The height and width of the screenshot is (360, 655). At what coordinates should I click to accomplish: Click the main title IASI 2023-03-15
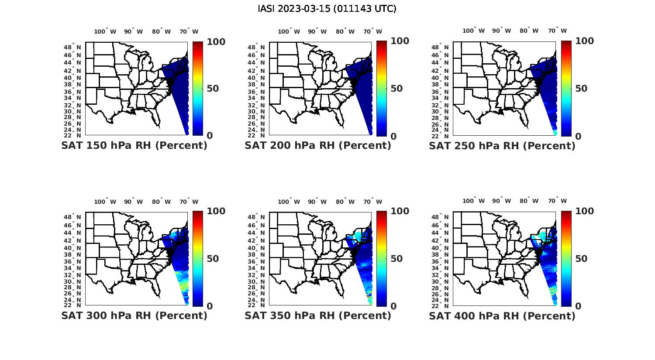point(327,9)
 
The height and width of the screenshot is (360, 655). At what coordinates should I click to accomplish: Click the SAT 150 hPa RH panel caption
point(134,146)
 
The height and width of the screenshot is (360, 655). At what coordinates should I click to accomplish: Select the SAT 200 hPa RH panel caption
point(318,146)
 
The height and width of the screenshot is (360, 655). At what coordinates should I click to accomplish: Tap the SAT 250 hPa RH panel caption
point(502,146)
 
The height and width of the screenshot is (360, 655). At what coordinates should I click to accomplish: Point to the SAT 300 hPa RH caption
point(134,315)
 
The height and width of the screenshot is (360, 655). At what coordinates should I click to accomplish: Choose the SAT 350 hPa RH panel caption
point(318,315)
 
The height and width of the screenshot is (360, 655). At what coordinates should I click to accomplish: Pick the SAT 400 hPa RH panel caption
point(502,315)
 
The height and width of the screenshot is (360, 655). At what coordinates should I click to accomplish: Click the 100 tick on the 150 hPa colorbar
point(216,41)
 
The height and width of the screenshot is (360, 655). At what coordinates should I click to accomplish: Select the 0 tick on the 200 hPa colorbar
point(393,136)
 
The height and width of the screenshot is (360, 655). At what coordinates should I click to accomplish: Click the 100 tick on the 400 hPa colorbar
point(584,211)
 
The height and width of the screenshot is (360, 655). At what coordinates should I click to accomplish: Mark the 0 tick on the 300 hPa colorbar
point(210,306)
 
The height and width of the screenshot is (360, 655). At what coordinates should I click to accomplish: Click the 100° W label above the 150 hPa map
point(105,31)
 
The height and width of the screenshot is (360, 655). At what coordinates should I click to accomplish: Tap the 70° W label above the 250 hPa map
point(558,31)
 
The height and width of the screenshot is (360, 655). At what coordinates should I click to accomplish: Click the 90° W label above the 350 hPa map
point(317,202)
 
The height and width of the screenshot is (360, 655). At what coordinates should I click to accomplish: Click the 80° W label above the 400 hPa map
point(529,201)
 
